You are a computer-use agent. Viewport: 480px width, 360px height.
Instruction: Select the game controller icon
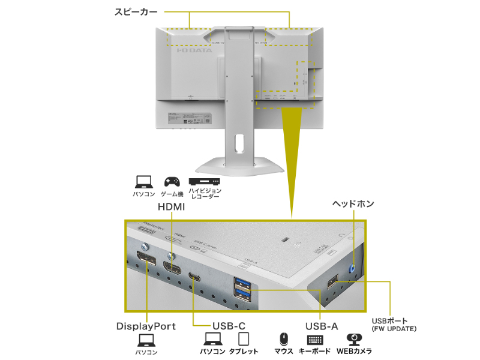172,181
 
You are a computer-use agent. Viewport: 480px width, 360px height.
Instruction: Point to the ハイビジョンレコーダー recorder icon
204,181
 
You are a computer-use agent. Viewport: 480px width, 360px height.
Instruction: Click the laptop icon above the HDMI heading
144,181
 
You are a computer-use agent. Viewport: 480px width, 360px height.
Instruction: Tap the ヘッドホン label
353,204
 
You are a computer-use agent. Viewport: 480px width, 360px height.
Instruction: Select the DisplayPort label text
146,326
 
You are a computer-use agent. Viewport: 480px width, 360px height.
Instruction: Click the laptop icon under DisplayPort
146,341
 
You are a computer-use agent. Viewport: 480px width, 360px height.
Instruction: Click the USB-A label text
322,326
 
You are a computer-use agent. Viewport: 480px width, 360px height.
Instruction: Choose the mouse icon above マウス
283,340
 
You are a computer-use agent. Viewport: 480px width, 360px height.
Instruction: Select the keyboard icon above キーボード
314,340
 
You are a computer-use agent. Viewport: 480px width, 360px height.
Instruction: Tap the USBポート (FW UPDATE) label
394,324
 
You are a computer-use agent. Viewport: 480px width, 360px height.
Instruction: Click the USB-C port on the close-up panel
194,277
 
